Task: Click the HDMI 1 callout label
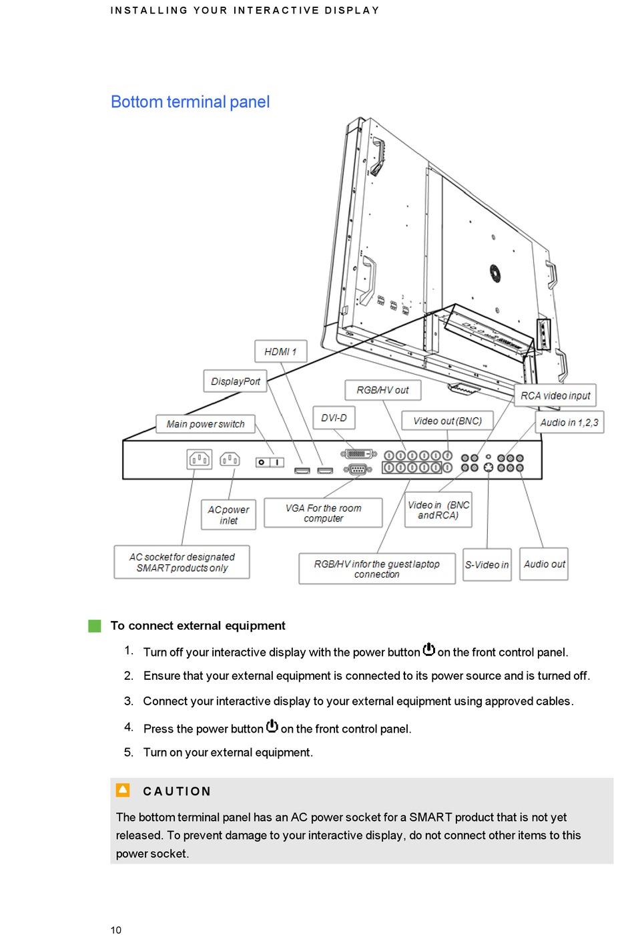tap(280, 351)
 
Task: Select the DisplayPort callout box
tap(235, 381)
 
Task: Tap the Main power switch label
tap(206, 424)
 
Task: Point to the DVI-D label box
tap(334, 418)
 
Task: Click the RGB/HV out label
tap(382, 390)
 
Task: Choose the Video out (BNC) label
tap(447, 421)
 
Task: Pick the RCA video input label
tap(555, 395)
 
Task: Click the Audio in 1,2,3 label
tap(569, 422)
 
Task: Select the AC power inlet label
tap(228, 515)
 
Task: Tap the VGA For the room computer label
tap(323, 513)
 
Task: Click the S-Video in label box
tap(487, 565)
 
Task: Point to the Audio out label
tap(544, 564)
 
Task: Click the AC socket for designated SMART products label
tap(182, 562)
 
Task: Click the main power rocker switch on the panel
tap(270, 462)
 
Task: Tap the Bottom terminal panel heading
tap(190, 102)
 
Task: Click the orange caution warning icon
tap(123, 790)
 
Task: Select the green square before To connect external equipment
tap(95, 626)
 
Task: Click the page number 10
tap(116, 930)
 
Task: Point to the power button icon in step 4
tap(272, 726)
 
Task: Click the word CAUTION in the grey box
tap(177, 791)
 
